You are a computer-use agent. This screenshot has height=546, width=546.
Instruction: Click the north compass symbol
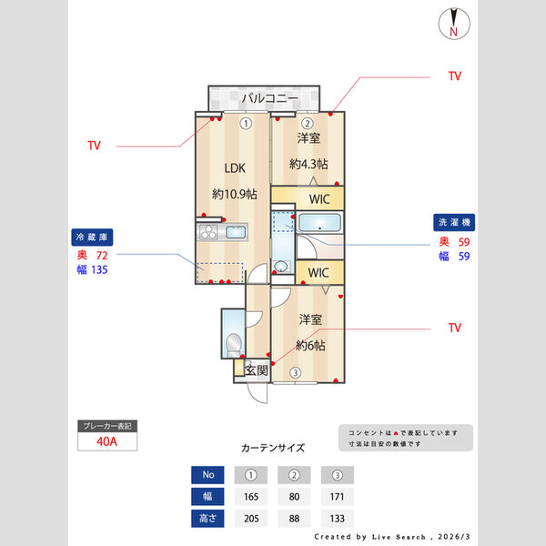click(x=453, y=24)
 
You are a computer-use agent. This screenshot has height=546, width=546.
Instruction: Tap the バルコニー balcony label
click(x=265, y=97)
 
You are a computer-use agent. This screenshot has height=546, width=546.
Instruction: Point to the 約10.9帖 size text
click(x=234, y=194)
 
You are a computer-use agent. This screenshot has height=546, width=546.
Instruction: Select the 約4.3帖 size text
click(x=308, y=164)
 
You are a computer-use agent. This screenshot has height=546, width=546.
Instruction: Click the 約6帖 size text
click(x=310, y=346)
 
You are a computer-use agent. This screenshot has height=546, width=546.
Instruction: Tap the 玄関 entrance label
click(x=258, y=370)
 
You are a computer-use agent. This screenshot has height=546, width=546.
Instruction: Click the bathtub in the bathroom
click(x=319, y=224)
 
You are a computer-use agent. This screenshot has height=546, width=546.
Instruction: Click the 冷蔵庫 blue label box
click(x=91, y=237)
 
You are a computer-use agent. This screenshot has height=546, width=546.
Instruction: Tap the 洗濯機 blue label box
click(x=454, y=222)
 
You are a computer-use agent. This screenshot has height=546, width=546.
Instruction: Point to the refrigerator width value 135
click(x=99, y=270)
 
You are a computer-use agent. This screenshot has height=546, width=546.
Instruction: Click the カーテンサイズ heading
click(x=273, y=449)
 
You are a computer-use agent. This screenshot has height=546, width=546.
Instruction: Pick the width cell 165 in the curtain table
click(x=251, y=497)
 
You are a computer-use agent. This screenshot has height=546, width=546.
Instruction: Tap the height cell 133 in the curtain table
click(x=337, y=519)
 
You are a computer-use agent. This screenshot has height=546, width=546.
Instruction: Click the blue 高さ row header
click(x=207, y=519)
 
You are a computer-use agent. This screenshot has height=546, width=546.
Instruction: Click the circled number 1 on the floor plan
click(x=246, y=124)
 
